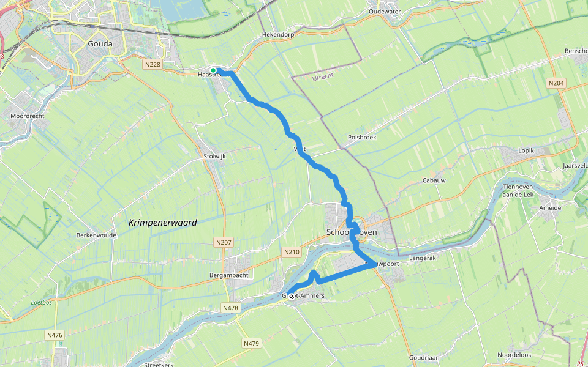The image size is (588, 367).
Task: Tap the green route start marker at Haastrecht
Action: tap(213, 70)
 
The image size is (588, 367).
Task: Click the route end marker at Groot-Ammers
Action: tap(291, 296)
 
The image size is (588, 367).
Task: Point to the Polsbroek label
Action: tap(361, 138)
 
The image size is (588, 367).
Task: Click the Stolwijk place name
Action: tap(214, 157)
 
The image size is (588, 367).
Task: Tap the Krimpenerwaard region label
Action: tap(163, 223)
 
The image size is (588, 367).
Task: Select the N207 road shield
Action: tap(225, 243)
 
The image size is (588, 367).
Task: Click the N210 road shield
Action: tap(292, 251)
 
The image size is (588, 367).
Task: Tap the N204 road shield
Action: tap(556, 83)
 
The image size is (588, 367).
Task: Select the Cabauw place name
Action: tap(433, 181)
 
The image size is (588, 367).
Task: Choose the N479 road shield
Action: tap(251, 344)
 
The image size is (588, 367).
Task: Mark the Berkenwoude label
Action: tap(96, 235)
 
